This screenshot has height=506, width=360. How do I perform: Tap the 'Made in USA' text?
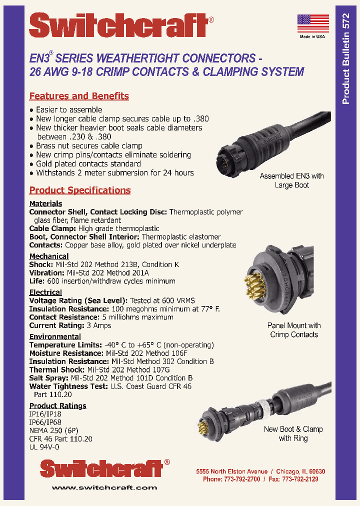pos(312,36)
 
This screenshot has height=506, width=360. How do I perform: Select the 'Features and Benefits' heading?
pos(79,96)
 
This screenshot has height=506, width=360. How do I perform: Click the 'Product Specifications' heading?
pos(80,190)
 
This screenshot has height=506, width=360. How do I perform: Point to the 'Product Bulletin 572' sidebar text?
pos(345,59)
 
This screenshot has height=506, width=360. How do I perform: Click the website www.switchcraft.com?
pos(104,487)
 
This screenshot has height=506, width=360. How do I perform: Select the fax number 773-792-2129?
pos(301,479)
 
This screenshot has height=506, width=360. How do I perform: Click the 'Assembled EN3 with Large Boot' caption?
pos(291,180)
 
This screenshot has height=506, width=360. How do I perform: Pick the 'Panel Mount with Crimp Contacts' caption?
pos(294,330)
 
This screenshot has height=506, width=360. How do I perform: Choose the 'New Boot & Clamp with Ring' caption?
pos(293,433)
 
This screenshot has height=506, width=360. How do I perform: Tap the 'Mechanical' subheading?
pos(49,256)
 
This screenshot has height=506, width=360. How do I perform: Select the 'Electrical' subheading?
pos(45,292)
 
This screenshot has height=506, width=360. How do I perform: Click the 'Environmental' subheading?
pos(55,336)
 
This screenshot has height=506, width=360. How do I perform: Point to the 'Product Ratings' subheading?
pos(57,405)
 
